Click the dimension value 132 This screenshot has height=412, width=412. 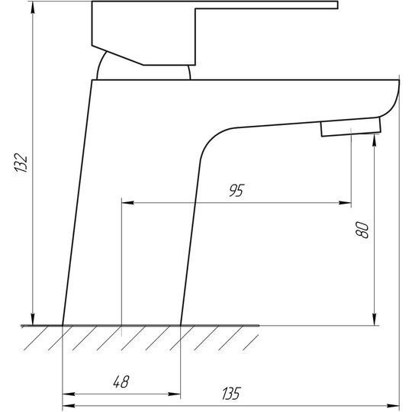coord(21,163)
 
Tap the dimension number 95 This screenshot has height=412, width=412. coord(237,190)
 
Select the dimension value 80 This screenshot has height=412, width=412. coord(362,230)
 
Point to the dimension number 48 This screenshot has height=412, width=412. coord(121,381)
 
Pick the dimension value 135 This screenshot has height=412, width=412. coord(231,394)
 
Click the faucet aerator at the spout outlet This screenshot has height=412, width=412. coord(351,127)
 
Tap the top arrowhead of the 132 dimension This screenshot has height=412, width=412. coord(33,8)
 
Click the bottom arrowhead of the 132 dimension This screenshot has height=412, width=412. coord(33,319)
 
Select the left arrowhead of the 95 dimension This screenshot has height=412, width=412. coord(127,203)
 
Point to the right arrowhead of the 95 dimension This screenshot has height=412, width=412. coord(345,203)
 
